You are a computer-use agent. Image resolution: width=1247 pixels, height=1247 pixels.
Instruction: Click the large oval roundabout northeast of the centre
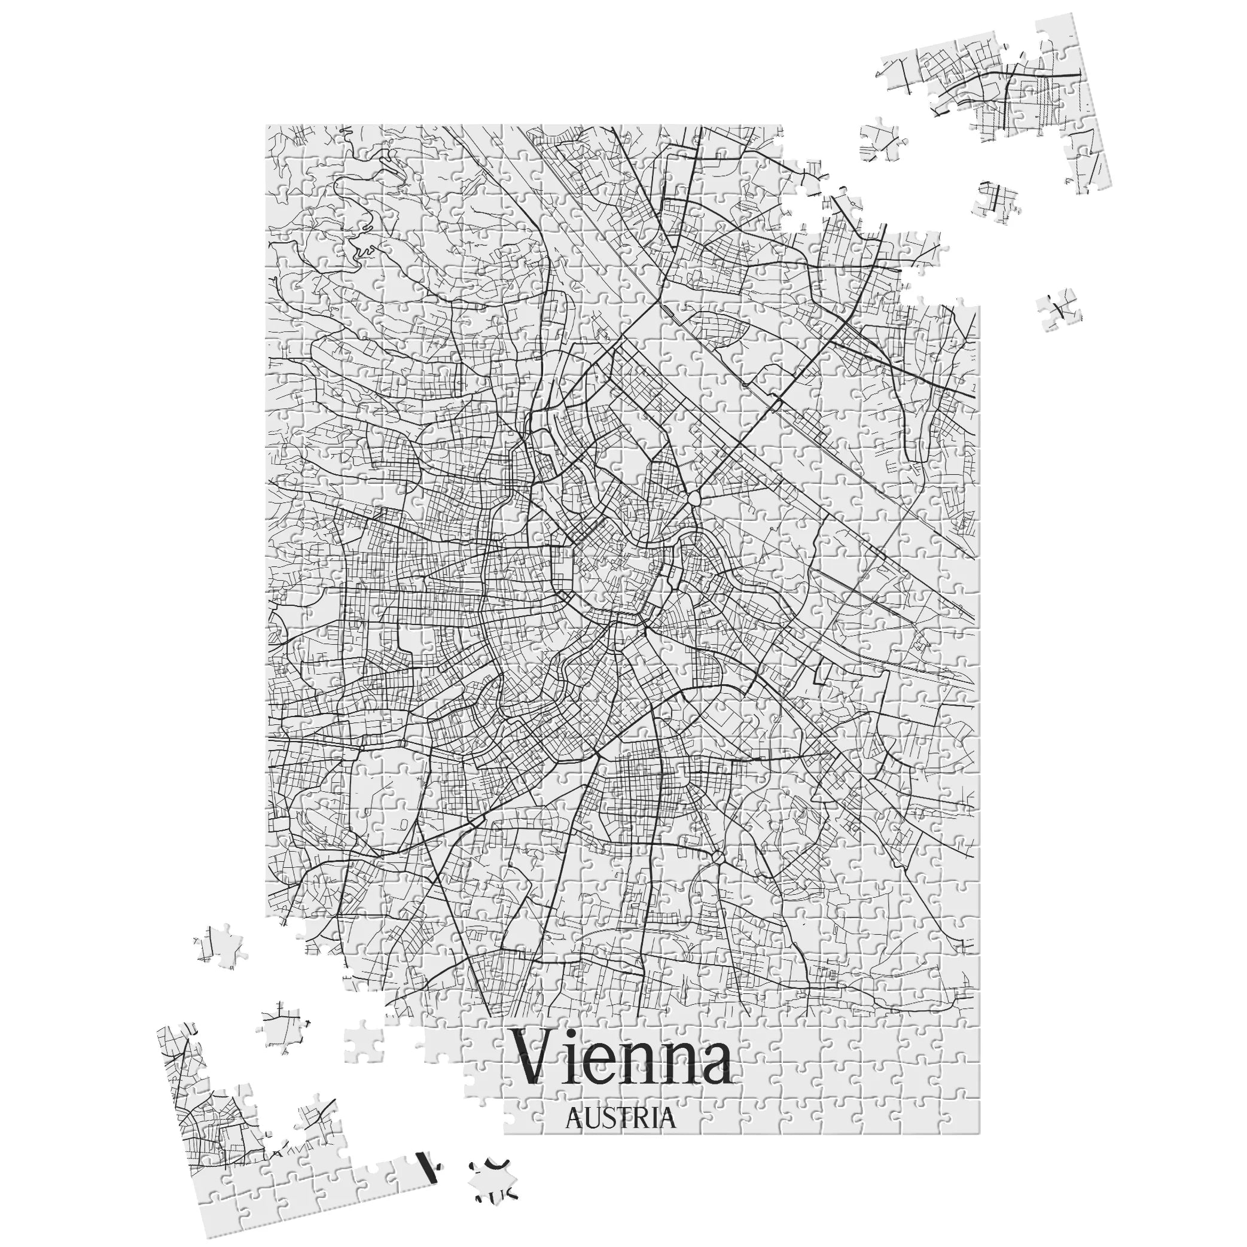click(x=694, y=499)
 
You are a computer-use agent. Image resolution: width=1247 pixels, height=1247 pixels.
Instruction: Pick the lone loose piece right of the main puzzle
click(x=1059, y=312)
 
